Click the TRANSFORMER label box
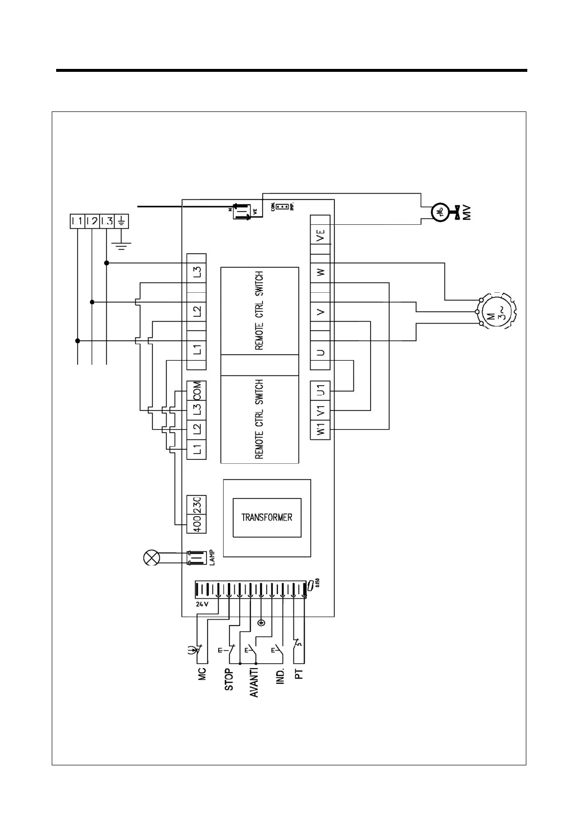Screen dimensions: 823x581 tap(267, 518)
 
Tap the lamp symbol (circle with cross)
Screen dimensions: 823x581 tap(151, 558)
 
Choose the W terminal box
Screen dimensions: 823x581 tap(320, 272)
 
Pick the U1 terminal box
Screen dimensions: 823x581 tap(320, 390)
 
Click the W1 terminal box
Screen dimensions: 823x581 tap(320, 430)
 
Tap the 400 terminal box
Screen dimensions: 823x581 tap(197, 523)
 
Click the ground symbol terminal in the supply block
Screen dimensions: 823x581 tap(121, 221)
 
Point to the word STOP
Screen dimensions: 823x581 tap(228, 680)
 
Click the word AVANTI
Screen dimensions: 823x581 tap(254, 682)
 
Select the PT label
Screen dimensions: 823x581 tap(299, 674)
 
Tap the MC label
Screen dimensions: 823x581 tap(202, 673)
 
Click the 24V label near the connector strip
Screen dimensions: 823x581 tap(202, 604)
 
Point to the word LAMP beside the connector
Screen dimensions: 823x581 tap(212, 558)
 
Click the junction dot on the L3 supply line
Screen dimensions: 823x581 tap(106, 263)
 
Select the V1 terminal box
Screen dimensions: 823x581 tap(320, 410)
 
